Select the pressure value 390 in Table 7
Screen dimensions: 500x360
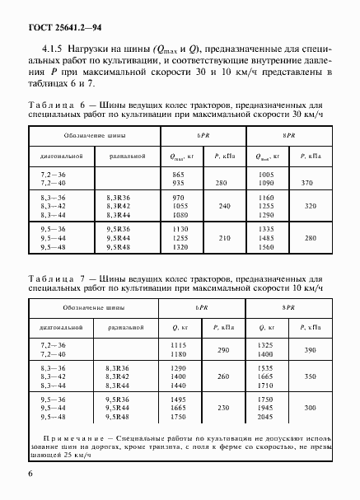(308, 350)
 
